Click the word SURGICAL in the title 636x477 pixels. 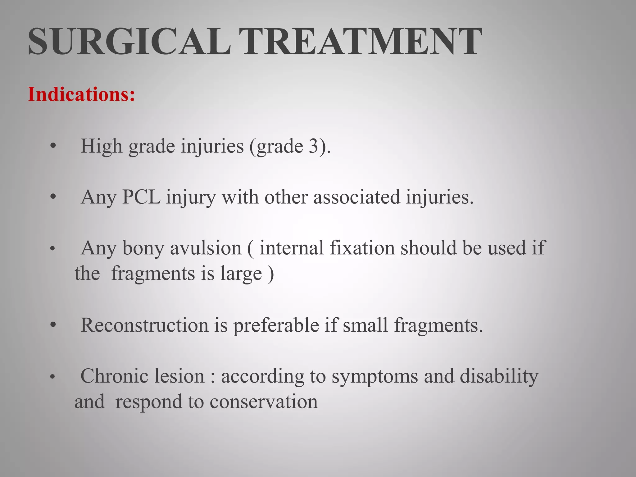coord(129,41)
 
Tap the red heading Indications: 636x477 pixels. coord(81,94)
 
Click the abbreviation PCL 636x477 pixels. coord(141,197)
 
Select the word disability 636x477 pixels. coord(499,376)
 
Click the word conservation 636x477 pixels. coord(264,402)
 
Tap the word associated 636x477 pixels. coord(357,197)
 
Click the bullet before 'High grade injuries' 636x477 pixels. coord(53,146)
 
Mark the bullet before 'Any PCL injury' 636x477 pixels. coord(53,197)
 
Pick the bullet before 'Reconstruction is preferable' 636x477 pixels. coord(53,325)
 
